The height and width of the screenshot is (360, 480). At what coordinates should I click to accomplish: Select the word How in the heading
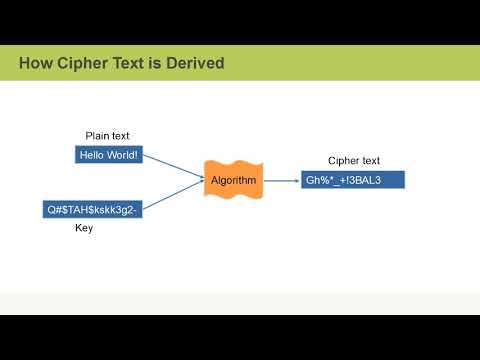(x=33, y=64)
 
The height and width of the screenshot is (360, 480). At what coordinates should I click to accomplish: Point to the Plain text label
(x=107, y=136)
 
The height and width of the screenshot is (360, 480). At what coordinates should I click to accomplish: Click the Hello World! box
(x=107, y=155)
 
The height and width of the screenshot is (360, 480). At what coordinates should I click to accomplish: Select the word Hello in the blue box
(x=93, y=155)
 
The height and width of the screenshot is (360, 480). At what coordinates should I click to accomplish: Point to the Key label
(x=85, y=228)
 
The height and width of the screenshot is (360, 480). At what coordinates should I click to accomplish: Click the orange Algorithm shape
(x=233, y=180)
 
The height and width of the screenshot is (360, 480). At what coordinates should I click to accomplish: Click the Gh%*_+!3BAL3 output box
(x=353, y=180)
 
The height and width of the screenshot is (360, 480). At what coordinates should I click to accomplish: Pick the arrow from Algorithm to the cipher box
(x=282, y=180)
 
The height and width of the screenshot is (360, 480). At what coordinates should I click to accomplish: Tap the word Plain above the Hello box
(x=97, y=136)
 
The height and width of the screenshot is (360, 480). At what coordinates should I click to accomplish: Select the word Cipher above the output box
(x=342, y=161)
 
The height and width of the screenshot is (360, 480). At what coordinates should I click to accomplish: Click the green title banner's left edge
(x=4, y=64)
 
